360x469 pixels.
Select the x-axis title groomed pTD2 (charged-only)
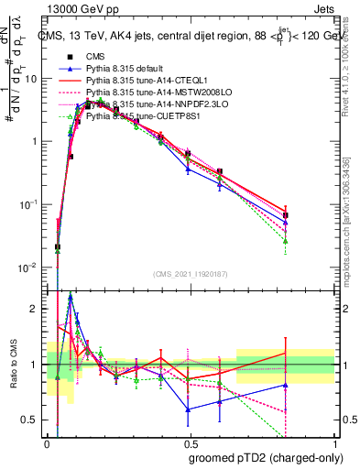261,455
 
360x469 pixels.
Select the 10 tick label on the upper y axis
29,79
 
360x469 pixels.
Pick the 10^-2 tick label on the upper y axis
27,267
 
